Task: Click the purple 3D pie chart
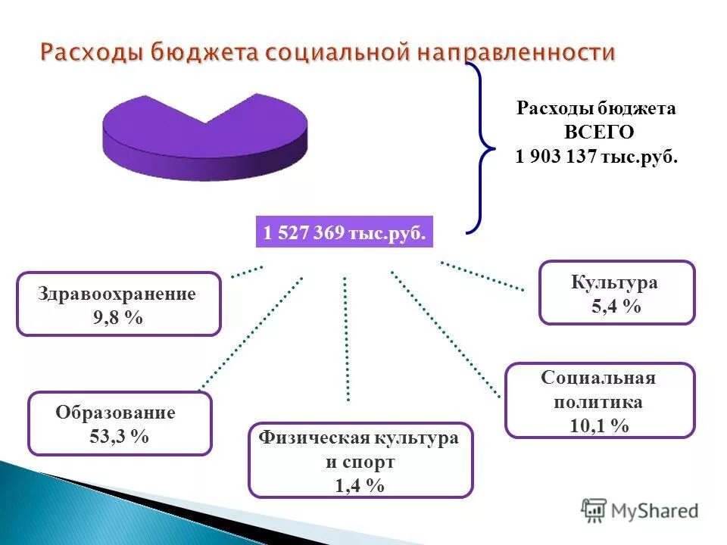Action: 204,136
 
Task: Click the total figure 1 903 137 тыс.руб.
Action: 596,157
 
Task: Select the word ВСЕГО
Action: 596,132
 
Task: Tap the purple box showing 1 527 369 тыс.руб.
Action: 345,233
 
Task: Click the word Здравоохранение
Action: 117,294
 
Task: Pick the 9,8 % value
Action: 117,318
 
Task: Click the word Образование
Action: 115,413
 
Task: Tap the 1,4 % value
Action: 359,486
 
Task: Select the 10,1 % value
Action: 599,425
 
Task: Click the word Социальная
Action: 598,378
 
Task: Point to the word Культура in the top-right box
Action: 614,283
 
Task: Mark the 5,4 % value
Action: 615,307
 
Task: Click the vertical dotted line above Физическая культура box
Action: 346,337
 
